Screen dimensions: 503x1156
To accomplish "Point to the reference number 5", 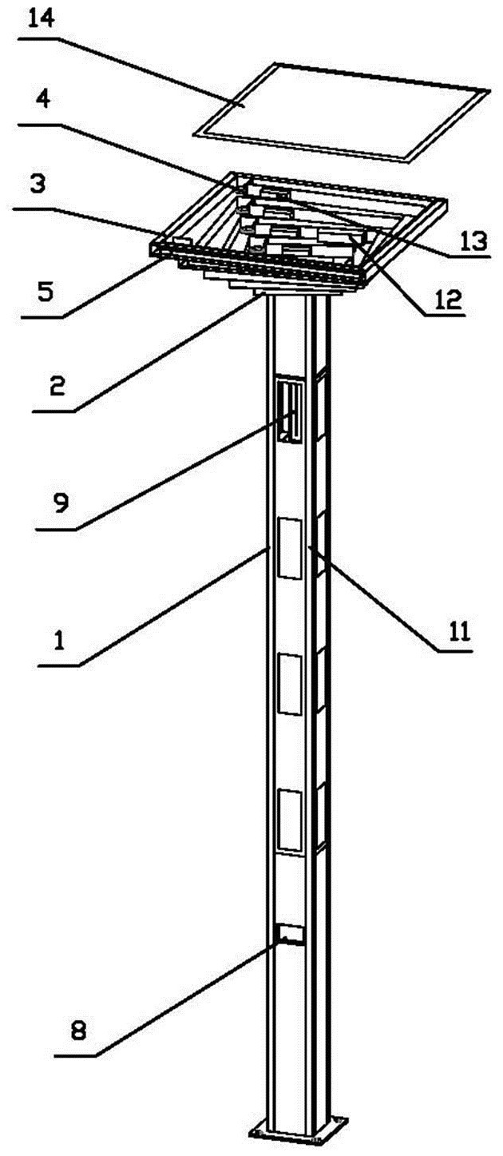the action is coord(46,291).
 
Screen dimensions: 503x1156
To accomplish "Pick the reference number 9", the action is coord(61,503).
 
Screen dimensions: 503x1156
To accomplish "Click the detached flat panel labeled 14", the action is coord(343,110).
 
